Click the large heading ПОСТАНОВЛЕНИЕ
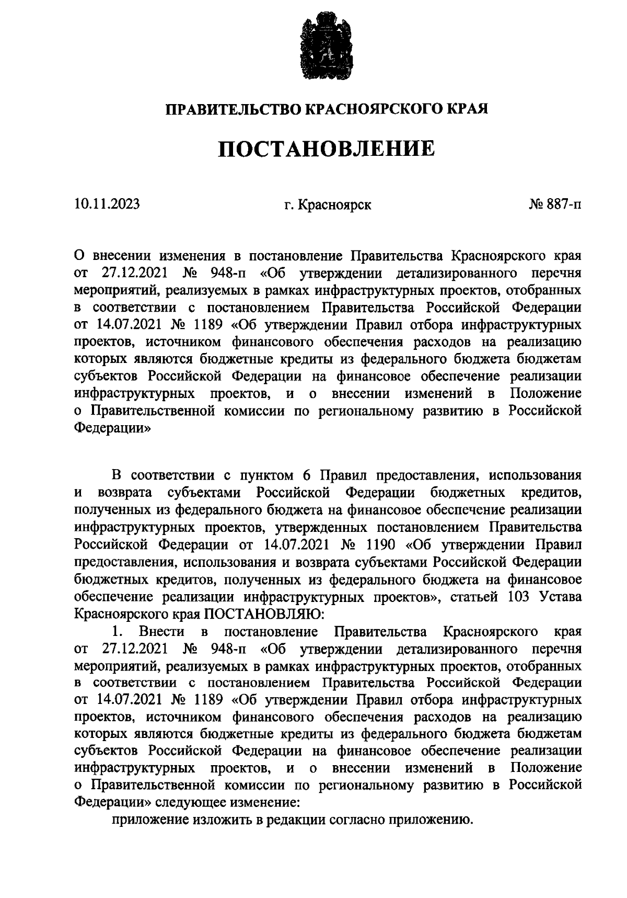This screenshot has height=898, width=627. [x=327, y=149]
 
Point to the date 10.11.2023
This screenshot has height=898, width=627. [x=107, y=204]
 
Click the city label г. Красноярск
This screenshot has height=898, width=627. [x=328, y=204]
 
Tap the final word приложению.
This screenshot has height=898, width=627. [x=430, y=820]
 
